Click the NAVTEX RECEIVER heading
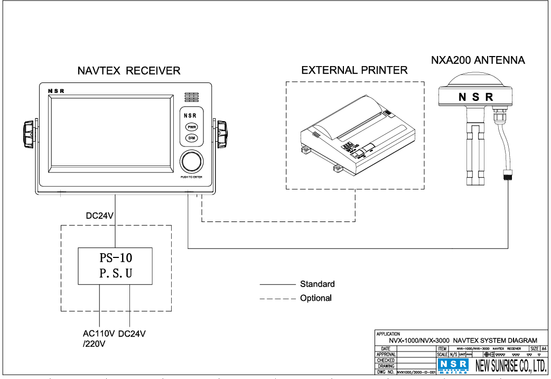129,70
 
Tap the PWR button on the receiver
190,127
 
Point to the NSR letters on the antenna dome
475,97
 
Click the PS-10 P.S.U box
116,266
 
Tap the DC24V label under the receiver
100,216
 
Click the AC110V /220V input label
98,338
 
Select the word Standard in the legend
317,284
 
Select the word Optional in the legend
315,298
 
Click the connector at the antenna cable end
508,175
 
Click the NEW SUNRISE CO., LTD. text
510,366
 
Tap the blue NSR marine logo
453,366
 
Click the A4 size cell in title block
544,348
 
